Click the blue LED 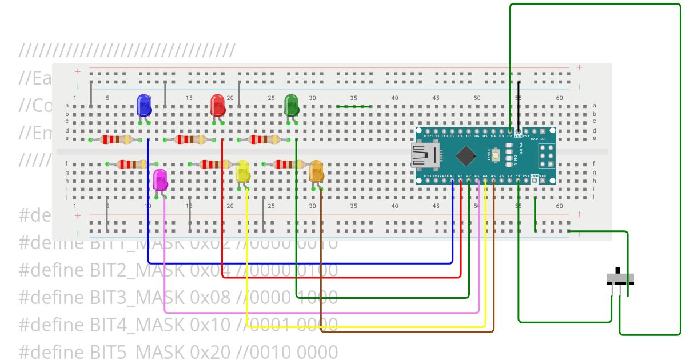point(144,106)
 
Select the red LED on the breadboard point(218,106)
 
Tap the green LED point(292,106)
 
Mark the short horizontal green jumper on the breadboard point(353,106)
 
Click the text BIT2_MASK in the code point(135,270)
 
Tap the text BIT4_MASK point(135,324)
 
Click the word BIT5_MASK point(135,351)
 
